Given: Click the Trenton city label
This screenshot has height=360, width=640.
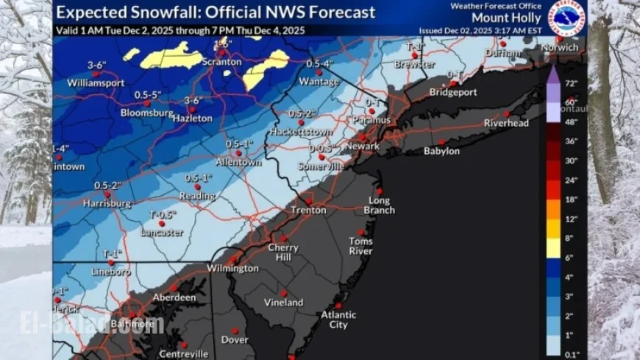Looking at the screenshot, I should tap(308, 211).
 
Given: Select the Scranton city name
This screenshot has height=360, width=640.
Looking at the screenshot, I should tap(221, 62).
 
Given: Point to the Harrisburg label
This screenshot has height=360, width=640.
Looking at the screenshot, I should tap(107, 202).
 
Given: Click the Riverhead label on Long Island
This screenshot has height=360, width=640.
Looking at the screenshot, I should tap(506, 123).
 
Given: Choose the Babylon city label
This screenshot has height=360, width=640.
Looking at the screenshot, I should tap(441, 151).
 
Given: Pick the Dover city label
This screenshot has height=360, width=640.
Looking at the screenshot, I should tap(235, 340).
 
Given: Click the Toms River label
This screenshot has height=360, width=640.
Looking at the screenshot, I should tap(360, 246).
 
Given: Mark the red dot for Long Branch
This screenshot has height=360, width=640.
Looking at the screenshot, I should tap(379, 191).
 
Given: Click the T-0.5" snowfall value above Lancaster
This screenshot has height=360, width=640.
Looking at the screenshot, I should tap(163, 215).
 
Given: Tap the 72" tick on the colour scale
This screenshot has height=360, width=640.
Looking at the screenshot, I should tap(571, 83).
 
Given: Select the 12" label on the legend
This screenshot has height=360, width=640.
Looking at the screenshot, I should tap(571, 219).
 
